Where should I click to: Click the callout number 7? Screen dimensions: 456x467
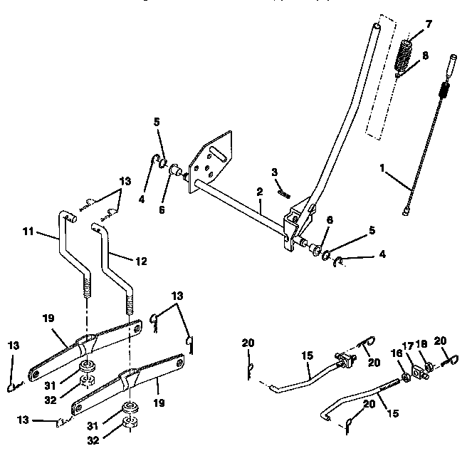pyautogui.click(x=429, y=25)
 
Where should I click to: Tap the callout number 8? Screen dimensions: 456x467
pyautogui.click(x=424, y=54)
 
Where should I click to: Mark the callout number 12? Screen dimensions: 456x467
pyautogui.click(x=141, y=261)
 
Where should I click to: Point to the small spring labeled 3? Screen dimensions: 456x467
pyautogui.click(x=284, y=191)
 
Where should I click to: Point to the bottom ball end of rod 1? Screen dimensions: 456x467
pyautogui.click(x=406, y=210)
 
